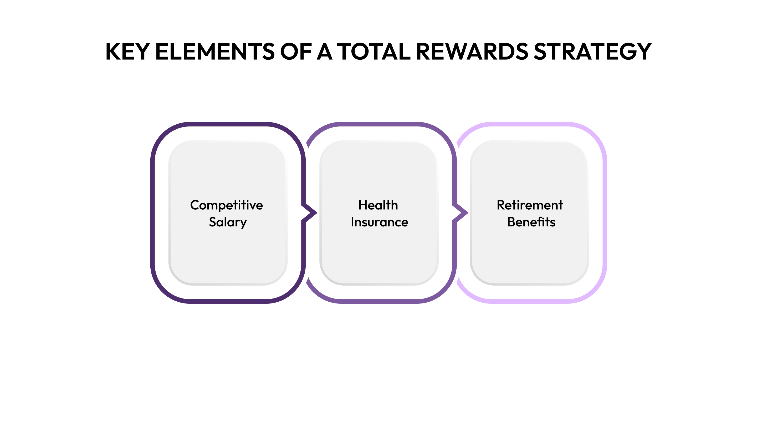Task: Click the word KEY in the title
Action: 127,52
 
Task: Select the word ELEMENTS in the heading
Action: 215,52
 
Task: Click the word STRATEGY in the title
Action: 592,52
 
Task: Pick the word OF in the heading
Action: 296,52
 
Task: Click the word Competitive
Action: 226,205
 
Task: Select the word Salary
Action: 228,222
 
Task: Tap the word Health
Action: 378,205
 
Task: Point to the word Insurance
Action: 379,222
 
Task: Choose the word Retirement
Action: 530,205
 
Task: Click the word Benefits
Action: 531,222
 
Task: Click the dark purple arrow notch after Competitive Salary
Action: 310,212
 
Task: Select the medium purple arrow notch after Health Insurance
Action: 461,212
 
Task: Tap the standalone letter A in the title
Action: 324,52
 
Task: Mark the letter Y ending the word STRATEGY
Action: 643,52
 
